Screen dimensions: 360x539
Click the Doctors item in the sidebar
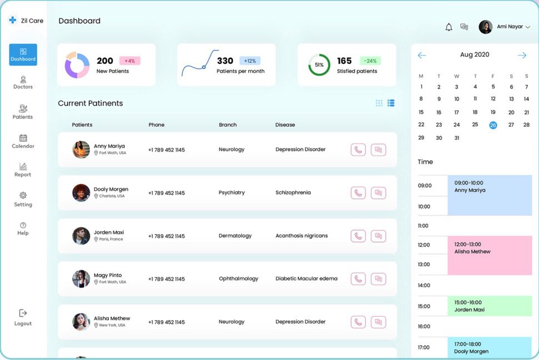pyautogui.click(x=23, y=83)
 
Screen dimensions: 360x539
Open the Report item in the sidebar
pyautogui.click(x=23, y=169)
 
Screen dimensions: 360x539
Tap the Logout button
pyautogui.click(x=23, y=317)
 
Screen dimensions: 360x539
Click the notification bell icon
pyautogui.click(x=449, y=27)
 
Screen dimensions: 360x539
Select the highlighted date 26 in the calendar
pyautogui.click(x=493, y=125)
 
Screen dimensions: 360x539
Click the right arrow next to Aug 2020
pyautogui.click(x=522, y=56)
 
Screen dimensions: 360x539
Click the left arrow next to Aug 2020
pyautogui.click(x=422, y=56)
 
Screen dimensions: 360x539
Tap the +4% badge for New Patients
pyautogui.click(x=130, y=61)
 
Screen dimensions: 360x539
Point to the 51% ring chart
pyautogui.click(x=319, y=65)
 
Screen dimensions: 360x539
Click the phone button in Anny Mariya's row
pyautogui.click(x=358, y=150)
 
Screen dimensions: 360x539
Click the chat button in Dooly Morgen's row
pyautogui.click(x=378, y=193)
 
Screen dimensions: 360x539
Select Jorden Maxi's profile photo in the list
pyautogui.click(x=81, y=236)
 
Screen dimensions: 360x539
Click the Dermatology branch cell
pyautogui.click(x=235, y=236)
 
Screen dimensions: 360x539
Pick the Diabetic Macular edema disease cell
pyautogui.click(x=306, y=279)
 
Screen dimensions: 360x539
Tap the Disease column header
pyautogui.click(x=285, y=125)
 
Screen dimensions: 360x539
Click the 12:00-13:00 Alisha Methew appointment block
pyautogui.click(x=490, y=255)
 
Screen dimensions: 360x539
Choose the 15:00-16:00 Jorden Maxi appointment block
pyautogui.click(x=490, y=306)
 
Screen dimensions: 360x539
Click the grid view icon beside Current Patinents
pyautogui.click(x=379, y=103)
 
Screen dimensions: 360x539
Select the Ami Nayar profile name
pyautogui.click(x=510, y=27)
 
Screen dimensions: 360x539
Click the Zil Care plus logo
pyautogui.click(x=13, y=21)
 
